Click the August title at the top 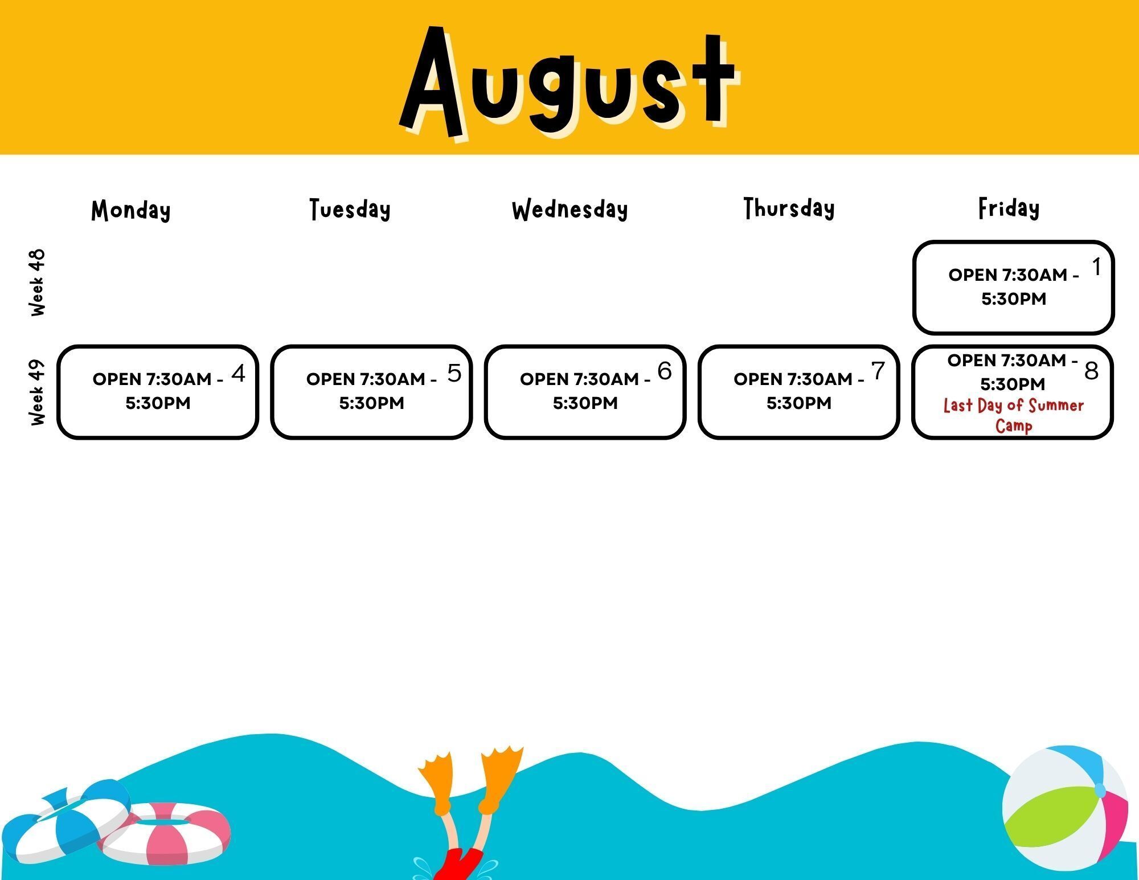point(569,83)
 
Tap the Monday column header point(131,210)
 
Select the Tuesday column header point(350,209)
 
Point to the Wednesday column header point(569,210)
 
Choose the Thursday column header point(789,208)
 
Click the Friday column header point(1009,208)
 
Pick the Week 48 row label point(37,283)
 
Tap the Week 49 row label point(37,392)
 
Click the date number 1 point(1096,267)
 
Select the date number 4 point(239,373)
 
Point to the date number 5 point(454,373)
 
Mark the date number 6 point(665,371)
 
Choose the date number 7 point(878,371)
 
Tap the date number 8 point(1091,371)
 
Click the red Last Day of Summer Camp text point(1014,415)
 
